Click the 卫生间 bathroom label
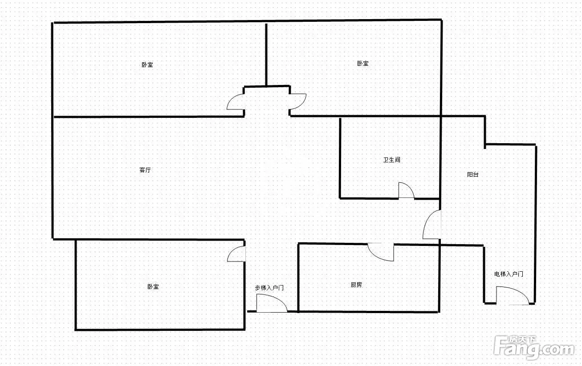391,160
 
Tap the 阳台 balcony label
472,174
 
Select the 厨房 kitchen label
356,285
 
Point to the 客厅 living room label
145,170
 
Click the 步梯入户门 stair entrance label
269,288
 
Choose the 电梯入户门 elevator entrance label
509,274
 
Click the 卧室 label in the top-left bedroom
147,64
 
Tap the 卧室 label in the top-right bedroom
363,63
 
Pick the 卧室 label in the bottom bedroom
153,286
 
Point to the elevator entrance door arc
518,291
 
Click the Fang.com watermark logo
534,348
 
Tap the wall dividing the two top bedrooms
266,55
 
